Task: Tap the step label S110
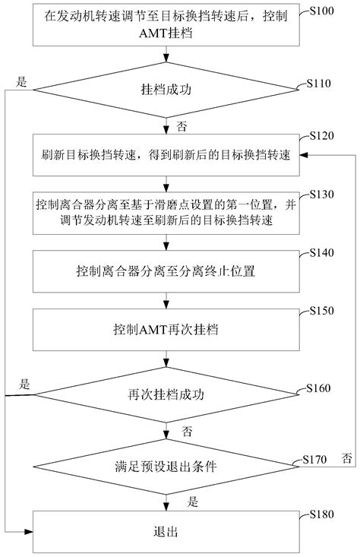[320, 83]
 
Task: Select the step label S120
[321, 135]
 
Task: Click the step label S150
[321, 312]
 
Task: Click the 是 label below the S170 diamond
[192, 501]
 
